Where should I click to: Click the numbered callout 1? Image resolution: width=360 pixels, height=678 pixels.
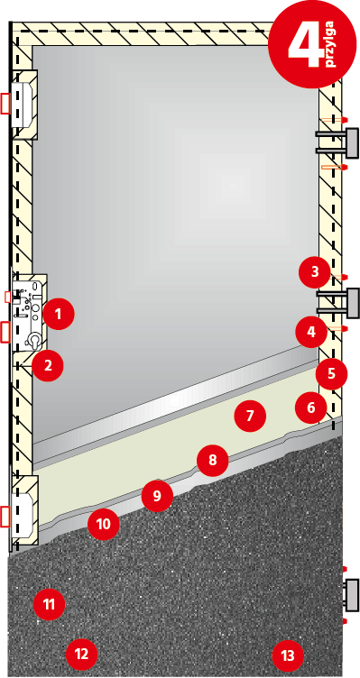coord(58,315)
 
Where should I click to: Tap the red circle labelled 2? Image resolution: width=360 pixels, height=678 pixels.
coord(48,365)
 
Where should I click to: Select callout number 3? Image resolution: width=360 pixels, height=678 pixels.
coord(314,270)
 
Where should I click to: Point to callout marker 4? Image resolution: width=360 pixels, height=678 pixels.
coord(310,332)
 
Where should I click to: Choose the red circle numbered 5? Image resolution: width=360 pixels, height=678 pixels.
coord(331,371)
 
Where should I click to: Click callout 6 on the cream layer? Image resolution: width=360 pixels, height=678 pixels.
coord(310,408)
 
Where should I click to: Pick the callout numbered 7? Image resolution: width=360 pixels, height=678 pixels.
coord(250,417)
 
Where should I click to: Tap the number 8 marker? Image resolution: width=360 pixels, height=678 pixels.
coord(212,461)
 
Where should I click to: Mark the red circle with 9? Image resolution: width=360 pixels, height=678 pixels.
coord(156,495)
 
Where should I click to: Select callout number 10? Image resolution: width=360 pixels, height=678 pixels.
coord(103,523)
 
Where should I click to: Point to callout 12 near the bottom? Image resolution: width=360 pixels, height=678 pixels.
coord(81,653)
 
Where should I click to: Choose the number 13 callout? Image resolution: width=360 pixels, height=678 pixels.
coord(287,655)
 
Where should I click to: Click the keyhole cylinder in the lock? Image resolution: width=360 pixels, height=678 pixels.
coord(33,339)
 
